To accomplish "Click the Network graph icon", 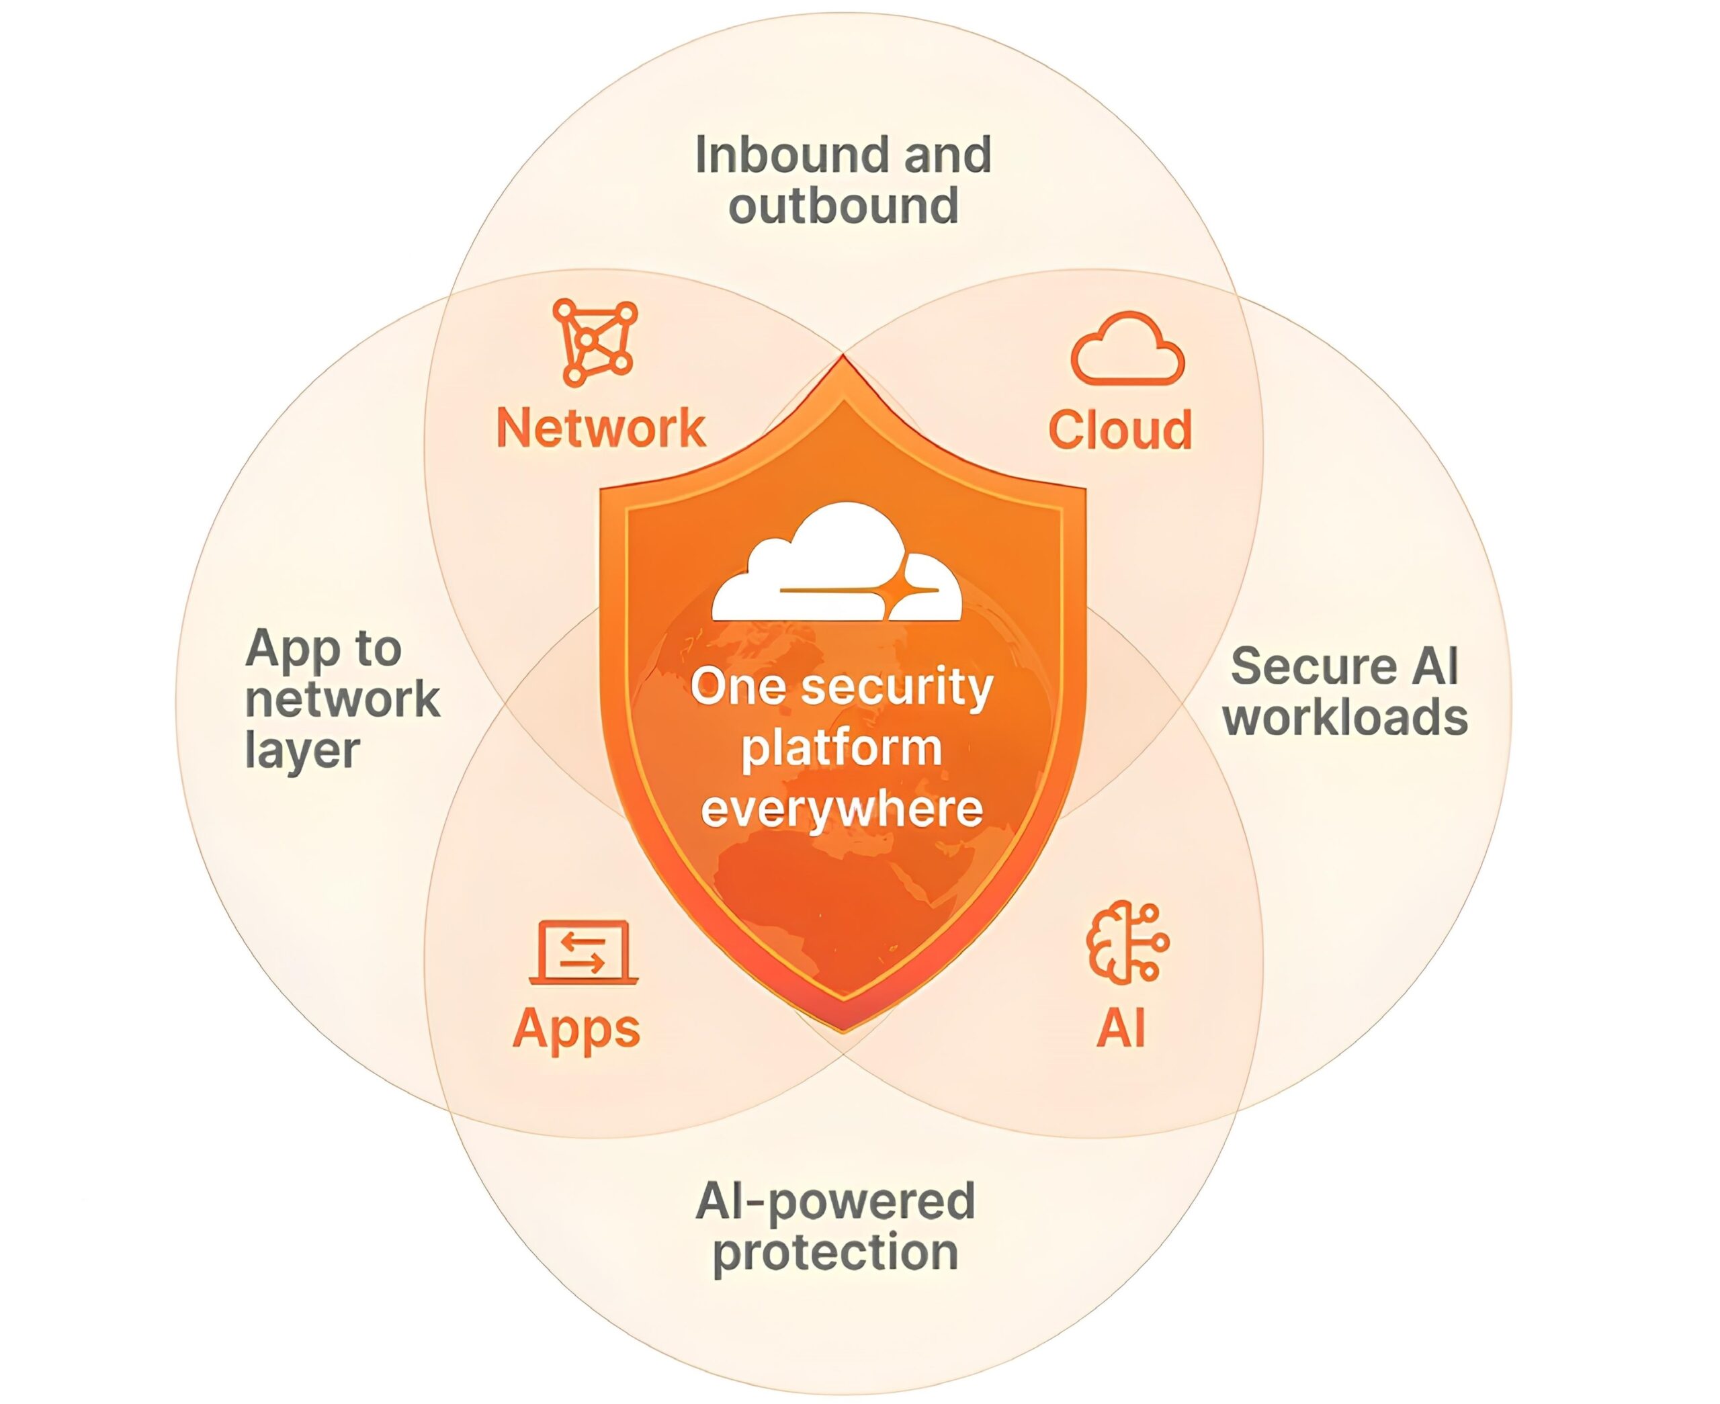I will [595, 342].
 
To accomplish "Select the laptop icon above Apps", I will [584, 953].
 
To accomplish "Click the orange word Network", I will [601, 428].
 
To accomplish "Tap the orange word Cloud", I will [1120, 429].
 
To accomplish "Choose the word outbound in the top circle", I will [843, 206].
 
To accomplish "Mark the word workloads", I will [1345, 717].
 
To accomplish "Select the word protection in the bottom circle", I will [835, 1252].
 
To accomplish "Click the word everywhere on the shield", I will [842, 808].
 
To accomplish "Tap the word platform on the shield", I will [842, 748].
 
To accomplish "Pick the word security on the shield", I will [898, 687].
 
